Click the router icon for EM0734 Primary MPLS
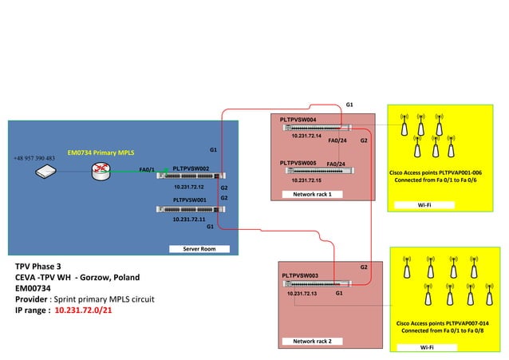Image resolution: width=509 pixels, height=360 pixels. point(101,169)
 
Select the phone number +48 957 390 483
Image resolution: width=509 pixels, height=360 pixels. point(34,158)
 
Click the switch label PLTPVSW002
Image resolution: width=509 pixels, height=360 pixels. point(191,168)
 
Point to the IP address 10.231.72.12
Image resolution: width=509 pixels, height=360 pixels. point(189,187)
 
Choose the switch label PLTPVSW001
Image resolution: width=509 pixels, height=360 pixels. point(190,200)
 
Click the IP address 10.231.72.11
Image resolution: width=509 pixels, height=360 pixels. point(189,219)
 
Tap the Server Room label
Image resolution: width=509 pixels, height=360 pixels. point(199,249)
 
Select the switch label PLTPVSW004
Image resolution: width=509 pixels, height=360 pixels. point(298,120)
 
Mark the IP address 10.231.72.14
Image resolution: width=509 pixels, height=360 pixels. point(306,136)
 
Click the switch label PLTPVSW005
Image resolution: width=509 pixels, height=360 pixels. point(298,163)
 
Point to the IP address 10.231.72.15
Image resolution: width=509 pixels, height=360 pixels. point(306,180)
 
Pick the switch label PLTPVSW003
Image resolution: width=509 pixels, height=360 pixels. point(300,275)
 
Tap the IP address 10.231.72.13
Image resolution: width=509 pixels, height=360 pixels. point(302,294)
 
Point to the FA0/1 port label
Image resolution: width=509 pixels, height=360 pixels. point(147,169)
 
